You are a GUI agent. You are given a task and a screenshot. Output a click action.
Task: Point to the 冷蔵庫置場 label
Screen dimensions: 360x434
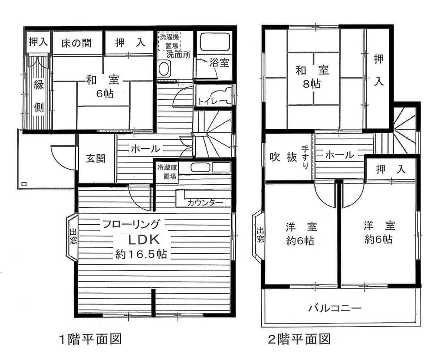click(167, 172)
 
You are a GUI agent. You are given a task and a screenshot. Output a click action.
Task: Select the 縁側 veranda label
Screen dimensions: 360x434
click(39, 96)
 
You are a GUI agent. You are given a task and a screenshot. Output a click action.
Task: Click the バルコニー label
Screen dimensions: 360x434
click(335, 309)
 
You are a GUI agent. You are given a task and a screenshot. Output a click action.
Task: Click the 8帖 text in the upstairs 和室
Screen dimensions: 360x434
click(312, 84)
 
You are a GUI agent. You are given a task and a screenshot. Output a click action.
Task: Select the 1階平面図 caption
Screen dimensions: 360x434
click(89, 338)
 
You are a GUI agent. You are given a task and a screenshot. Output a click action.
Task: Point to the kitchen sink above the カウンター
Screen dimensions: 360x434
click(201, 167)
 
